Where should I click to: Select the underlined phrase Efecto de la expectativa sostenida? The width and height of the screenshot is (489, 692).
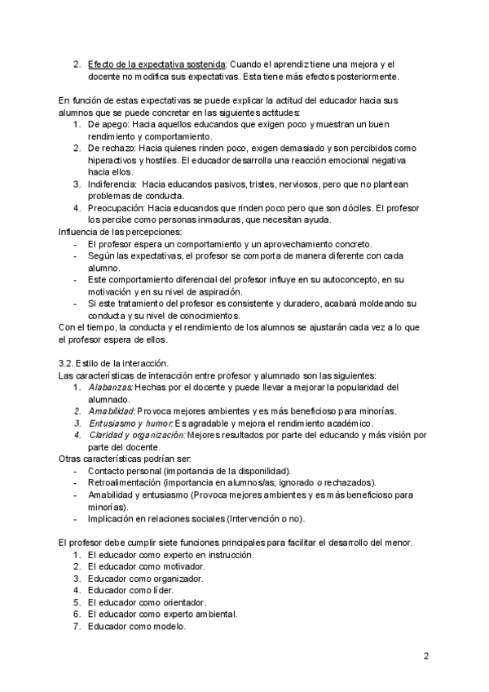(156, 64)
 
